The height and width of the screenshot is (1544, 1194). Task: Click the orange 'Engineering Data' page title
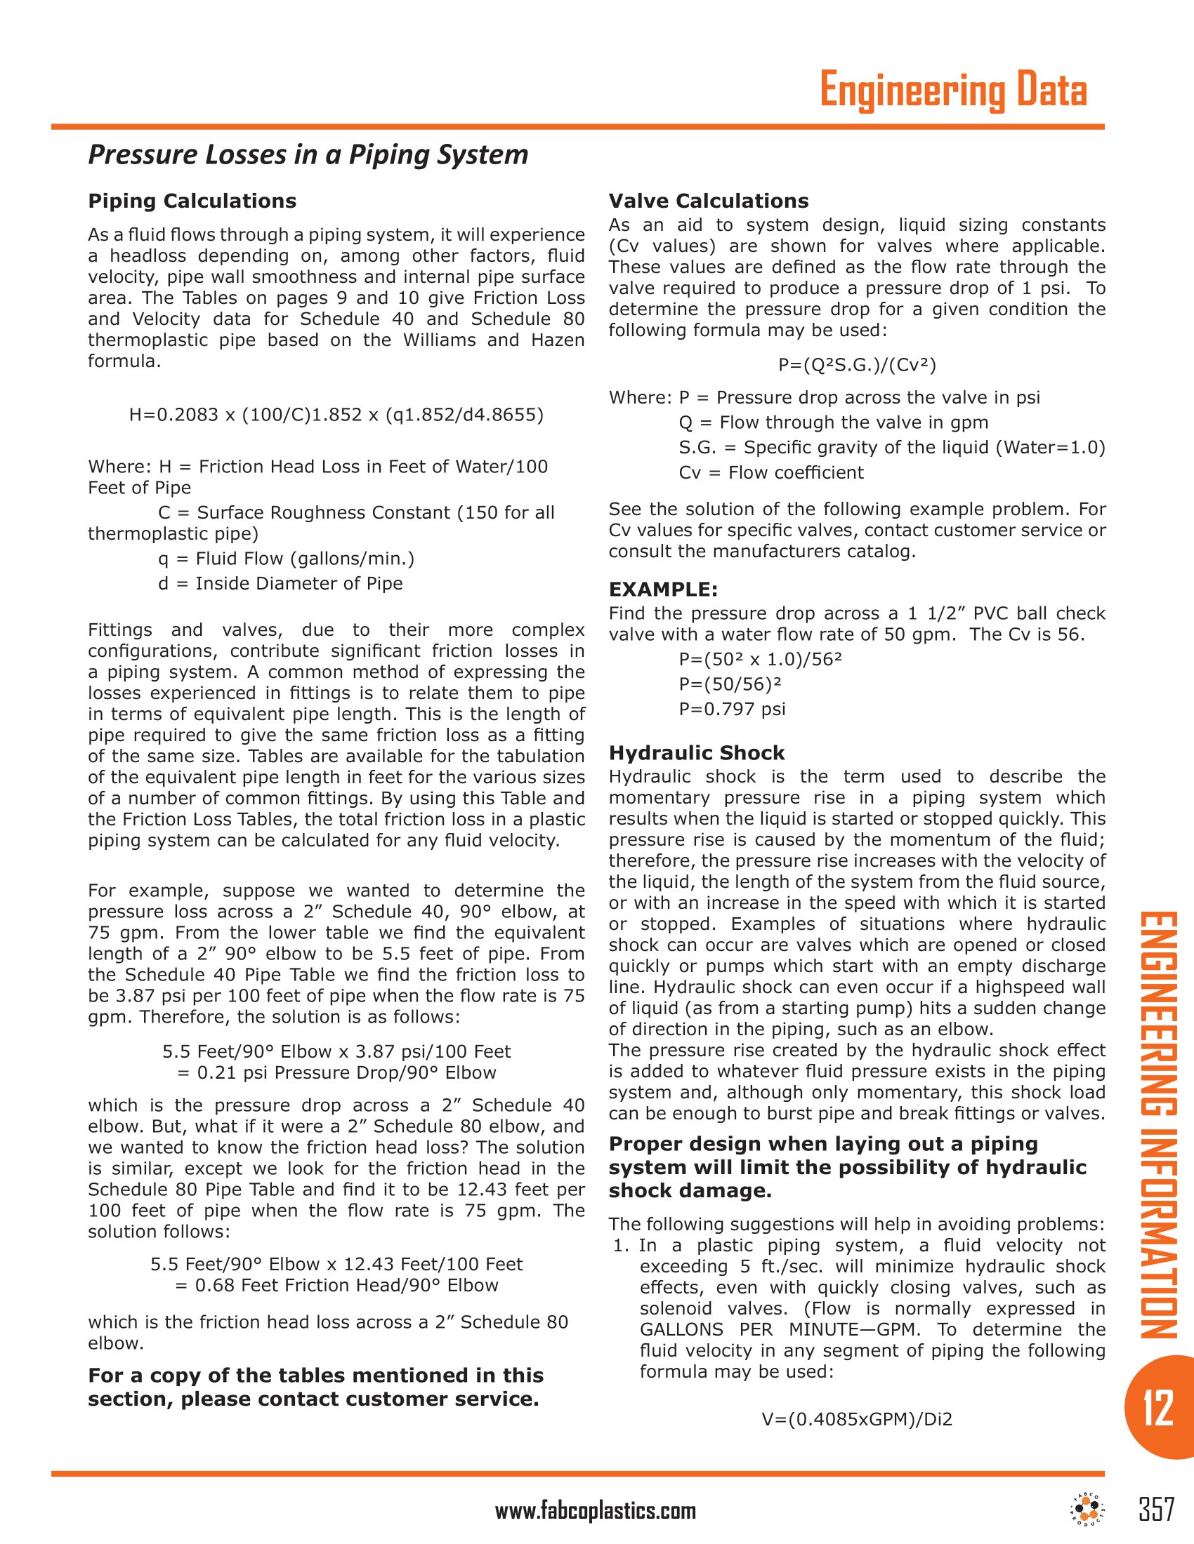[953, 91]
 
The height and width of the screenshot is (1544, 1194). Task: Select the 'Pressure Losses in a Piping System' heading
[308, 155]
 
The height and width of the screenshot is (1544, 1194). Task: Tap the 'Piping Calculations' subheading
[192, 201]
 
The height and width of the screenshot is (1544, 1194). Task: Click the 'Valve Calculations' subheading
[708, 201]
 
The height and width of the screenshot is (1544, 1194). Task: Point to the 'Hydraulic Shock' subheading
[697, 753]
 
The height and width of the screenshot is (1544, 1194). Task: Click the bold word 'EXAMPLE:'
[663, 590]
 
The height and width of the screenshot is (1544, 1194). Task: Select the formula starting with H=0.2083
[336, 415]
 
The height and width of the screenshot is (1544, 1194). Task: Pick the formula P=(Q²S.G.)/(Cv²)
[857, 365]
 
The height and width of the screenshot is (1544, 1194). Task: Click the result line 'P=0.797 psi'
[732, 709]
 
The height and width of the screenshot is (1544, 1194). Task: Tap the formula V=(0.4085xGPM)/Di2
[857, 1419]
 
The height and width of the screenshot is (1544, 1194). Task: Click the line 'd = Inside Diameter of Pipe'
[280, 584]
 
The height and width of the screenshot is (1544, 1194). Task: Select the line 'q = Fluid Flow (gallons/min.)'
[286, 559]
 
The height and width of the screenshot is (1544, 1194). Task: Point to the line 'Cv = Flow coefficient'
[771, 473]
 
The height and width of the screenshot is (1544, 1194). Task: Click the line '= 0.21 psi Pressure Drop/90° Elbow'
[336, 1073]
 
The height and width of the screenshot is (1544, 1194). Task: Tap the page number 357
[1157, 1510]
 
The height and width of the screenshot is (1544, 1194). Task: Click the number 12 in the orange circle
[1158, 1409]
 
